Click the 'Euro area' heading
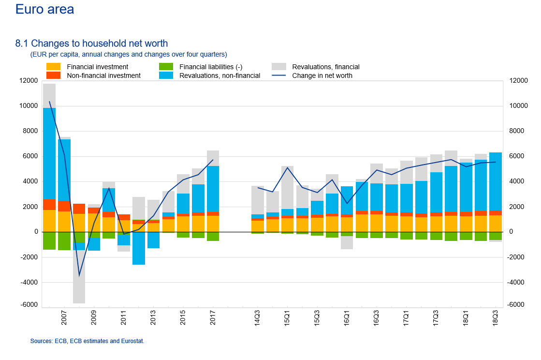(x=44, y=9)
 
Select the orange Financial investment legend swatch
(x=54, y=67)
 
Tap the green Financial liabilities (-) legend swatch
(x=166, y=67)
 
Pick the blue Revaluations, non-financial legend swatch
(x=166, y=75)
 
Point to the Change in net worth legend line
(x=279, y=75)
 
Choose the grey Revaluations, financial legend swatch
(x=279, y=67)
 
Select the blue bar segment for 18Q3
(x=496, y=181)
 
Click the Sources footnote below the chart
(x=87, y=341)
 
